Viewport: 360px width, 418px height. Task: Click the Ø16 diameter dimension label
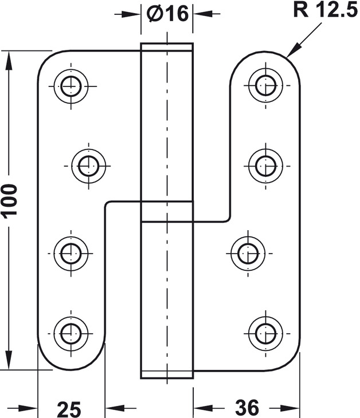tap(167, 13)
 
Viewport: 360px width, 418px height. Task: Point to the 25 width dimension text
tap(69, 408)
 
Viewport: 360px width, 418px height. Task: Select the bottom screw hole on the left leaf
tap(71, 331)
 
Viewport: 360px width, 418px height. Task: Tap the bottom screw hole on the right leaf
tap(264, 331)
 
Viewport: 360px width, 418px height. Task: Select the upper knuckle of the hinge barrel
tap(166, 123)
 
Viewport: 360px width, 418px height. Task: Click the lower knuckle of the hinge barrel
tap(166, 292)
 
